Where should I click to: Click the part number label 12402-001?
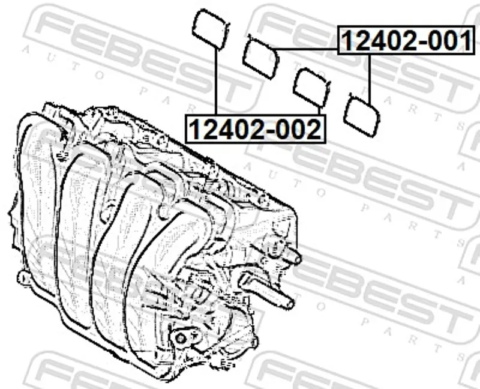[407, 40]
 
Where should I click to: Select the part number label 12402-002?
[256, 128]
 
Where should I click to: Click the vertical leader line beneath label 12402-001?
[370, 79]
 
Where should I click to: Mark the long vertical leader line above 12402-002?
[216, 82]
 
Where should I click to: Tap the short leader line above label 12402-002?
[319, 110]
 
